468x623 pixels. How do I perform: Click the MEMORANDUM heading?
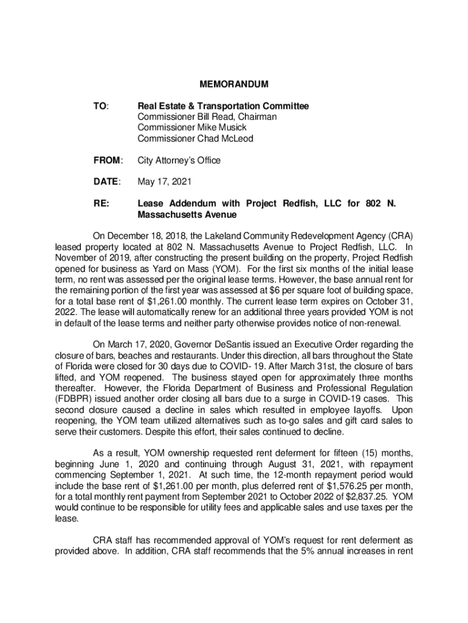pyautogui.click(x=235, y=83)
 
